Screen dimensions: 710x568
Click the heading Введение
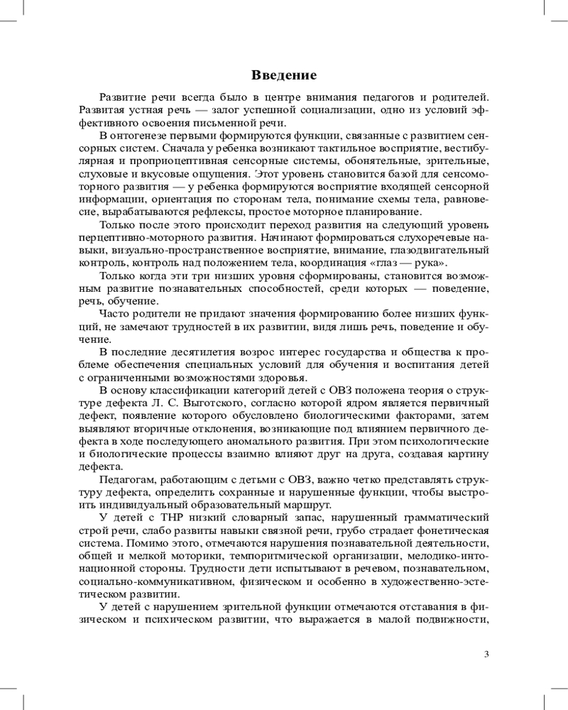[284, 75]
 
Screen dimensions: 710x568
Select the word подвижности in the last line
[452, 621]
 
